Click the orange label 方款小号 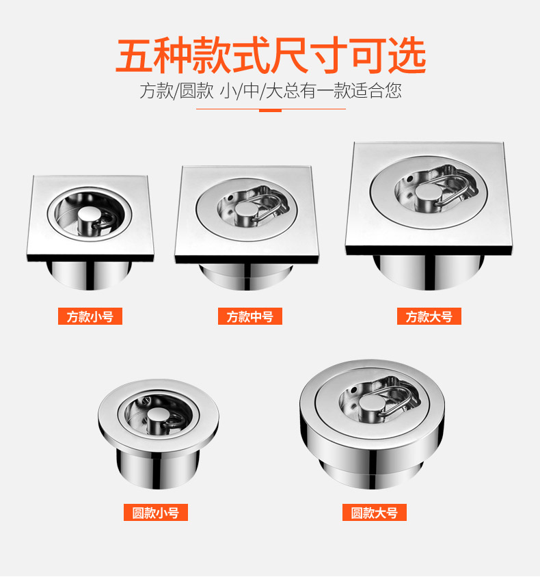click(x=90, y=316)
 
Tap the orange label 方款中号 click(x=250, y=316)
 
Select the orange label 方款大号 click(x=429, y=316)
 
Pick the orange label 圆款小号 click(x=156, y=512)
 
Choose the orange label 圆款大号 click(x=375, y=512)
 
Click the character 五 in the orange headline click(x=135, y=55)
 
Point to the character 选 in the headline click(x=407, y=55)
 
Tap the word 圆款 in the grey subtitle click(x=196, y=90)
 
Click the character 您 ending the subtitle click(x=393, y=90)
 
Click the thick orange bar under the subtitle click(x=271, y=110)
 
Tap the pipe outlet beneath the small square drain click(x=89, y=275)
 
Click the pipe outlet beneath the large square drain click(x=429, y=271)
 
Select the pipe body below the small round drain click(x=158, y=468)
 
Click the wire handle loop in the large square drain click(x=453, y=190)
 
